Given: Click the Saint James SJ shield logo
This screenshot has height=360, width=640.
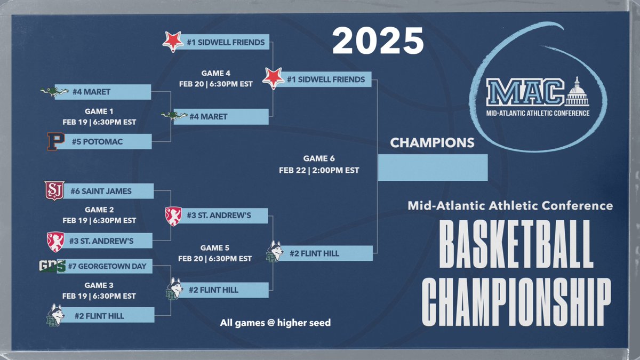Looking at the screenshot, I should tap(54, 190).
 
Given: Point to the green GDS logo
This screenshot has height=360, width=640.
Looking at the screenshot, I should tap(52, 266).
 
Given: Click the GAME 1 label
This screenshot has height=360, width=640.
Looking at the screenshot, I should tap(99, 112).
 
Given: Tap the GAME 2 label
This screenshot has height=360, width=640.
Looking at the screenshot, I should tap(99, 210).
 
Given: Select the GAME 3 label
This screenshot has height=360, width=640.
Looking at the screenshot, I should tap(99, 285).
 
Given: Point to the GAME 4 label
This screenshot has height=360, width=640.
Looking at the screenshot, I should tap(215, 74).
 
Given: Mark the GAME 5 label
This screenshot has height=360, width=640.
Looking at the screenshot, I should tap(215, 248).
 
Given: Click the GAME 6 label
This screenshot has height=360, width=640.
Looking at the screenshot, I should tap(319, 158).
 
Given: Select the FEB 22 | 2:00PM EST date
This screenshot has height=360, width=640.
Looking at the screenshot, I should tap(319, 171).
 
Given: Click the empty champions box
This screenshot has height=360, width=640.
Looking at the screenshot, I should tap(433, 167).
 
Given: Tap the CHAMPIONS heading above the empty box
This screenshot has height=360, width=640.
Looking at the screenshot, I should tap(432, 143).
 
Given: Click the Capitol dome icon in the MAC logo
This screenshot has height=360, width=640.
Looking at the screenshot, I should tap(577, 92).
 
